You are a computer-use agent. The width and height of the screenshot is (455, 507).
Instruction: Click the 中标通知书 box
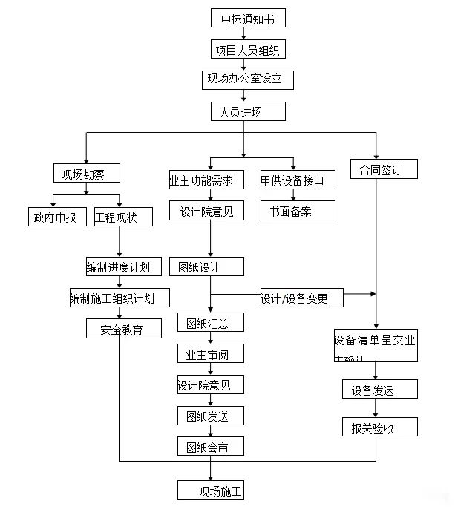pyautogui.click(x=247, y=19)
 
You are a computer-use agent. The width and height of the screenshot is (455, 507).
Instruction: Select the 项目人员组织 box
pyautogui.click(x=247, y=50)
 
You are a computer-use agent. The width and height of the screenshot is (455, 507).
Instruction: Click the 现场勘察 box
pyautogui.click(x=86, y=174)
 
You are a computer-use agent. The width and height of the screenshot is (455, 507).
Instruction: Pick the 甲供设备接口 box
pyautogui.click(x=297, y=180)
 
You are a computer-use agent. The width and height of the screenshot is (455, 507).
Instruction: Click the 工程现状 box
pyautogui.click(x=124, y=217)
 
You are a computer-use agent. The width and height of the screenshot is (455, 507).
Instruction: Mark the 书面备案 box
pyautogui.click(x=297, y=211)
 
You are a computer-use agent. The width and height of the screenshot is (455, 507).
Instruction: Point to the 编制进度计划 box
pyautogui.click(x=118, y=267)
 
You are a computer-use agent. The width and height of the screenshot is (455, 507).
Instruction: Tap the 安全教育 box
pyautogui.click(x=123, y=328)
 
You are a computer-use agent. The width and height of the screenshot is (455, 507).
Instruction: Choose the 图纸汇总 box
pyautogui.click(x=210, y=322)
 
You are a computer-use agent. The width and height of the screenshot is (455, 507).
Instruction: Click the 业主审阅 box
pyautogui.click(x=210, y=353)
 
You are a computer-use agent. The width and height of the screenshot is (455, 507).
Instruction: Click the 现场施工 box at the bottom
pyautogui.click(x=210, y=490)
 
